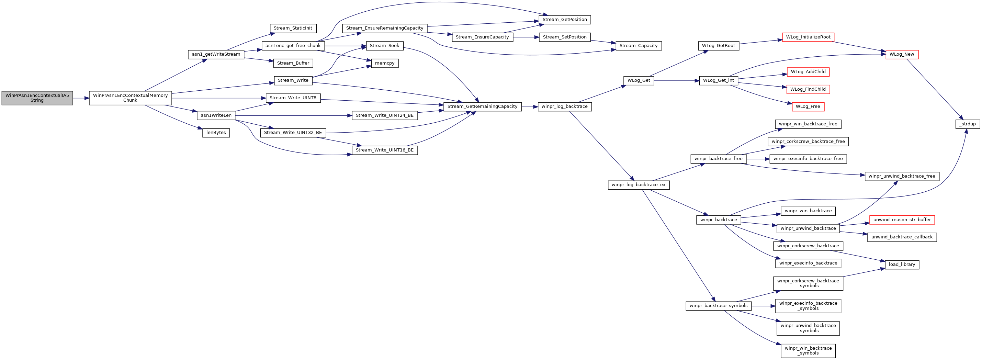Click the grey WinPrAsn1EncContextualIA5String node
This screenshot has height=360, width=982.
(x=37, y=98)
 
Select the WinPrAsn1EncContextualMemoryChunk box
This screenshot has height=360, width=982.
(x=131, y=98)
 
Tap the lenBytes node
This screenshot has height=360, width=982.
(x=216, y=133)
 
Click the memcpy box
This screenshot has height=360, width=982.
(x=385, y=63)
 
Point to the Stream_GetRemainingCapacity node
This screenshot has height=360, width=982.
(x=482, y=107)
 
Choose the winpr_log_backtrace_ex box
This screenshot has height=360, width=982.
(x=639, y=185)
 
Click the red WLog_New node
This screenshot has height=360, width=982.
(x=902, y=55)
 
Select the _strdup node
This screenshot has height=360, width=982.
(x=968, y=124)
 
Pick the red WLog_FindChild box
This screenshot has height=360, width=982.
(x=808, y=89)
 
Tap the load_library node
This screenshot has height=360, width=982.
(x=902, y=265)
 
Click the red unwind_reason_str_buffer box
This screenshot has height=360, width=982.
(x=902, y=220)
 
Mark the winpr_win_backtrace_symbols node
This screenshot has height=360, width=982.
(x=808, y=351)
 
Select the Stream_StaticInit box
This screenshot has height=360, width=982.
(x=293, y=28)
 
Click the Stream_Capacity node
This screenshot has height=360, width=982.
(x=639, y=46)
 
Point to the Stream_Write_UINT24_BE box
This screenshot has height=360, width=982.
(x=385, y=115)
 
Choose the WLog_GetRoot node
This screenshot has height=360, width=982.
(x=719, y=46)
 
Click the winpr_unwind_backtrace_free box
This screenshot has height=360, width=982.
(x=902, y=176)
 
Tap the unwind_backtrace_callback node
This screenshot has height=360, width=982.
(x=902, y=237)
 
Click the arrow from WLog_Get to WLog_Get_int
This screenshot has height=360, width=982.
(x=677, y=81)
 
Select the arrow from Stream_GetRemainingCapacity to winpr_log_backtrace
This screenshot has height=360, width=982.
(x=530, y=107)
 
